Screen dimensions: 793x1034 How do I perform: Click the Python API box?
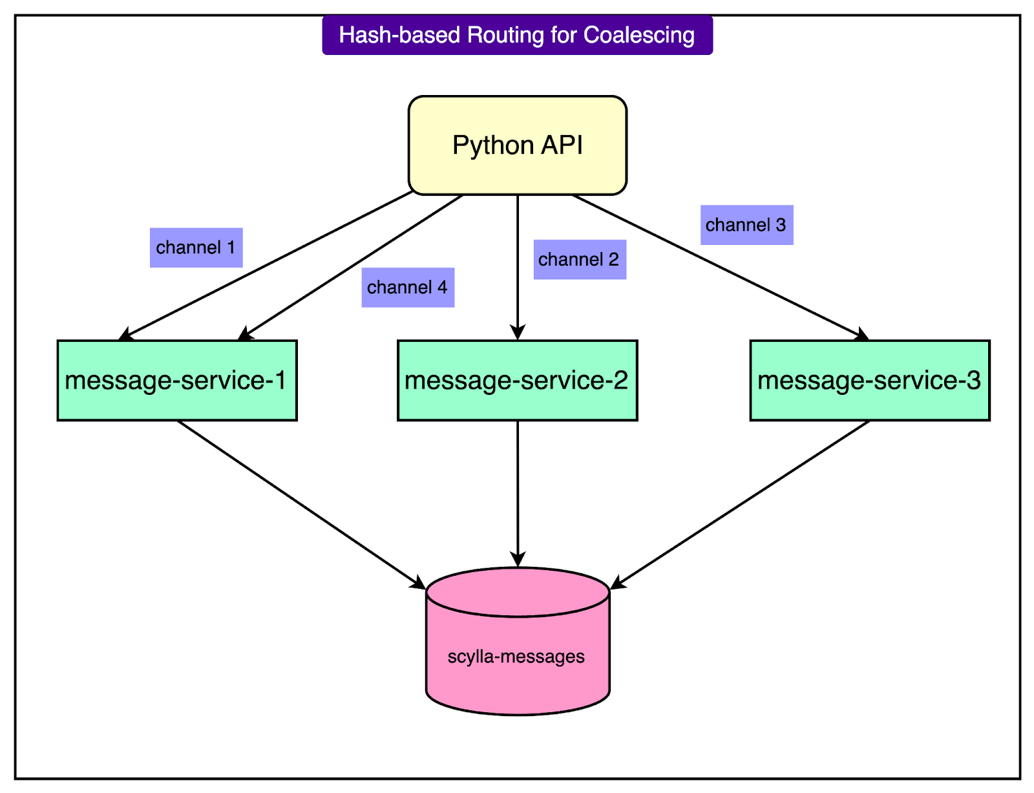[517, 145]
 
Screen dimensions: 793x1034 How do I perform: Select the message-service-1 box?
[176, 380]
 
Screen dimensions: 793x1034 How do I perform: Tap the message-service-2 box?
[517, 380]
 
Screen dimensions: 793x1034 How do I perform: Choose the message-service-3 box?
[869, 380]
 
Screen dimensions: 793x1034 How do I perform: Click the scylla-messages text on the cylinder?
[516, 657]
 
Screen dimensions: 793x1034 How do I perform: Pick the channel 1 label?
[196, 248]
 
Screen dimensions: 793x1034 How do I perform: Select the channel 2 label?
[579, 260]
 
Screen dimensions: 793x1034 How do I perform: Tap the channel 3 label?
[746, 225]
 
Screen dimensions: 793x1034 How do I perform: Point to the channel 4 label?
[407, 288]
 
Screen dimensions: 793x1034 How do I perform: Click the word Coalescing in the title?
[638, 35]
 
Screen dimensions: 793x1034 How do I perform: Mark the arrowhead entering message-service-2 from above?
[517, 333]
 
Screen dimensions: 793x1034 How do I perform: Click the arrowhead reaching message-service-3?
[861, 335]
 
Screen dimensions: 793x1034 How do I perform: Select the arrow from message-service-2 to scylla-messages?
[517, 491]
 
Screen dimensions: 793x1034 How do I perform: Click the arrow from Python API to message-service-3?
[717, 265]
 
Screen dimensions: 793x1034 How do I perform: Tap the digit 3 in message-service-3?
[973, 380]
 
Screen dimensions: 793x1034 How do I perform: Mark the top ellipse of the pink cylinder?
[517, 592]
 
